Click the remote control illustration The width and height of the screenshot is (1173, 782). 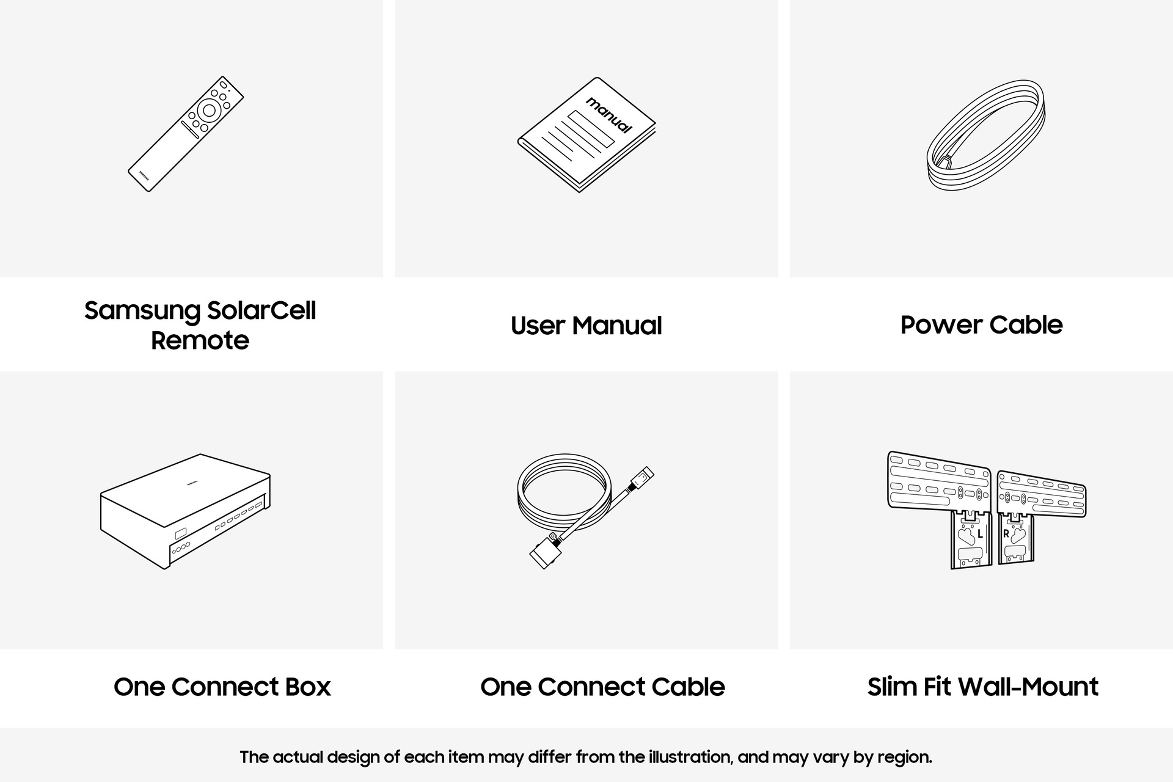click(186, 134)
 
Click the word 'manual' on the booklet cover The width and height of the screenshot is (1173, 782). click(608, 115)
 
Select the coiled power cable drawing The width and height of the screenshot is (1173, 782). click(985, 136)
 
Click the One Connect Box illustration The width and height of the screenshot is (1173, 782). click(186, 511)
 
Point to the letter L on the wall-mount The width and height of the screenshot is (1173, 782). click(980, 534)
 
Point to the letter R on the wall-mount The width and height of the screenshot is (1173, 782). click(1006, 534)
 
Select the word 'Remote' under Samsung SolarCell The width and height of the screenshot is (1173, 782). click(200, 340)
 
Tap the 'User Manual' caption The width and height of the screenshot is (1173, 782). click(586, 325)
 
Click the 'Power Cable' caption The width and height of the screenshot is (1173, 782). click(981, 325)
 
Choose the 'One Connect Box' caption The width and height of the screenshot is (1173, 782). click(222, 687)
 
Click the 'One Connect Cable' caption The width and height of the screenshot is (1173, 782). click(602, 687)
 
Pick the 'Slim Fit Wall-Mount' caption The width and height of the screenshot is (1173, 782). click(982, 687)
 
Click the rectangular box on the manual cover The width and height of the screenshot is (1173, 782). click(591, 129)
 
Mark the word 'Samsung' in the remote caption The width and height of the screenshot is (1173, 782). click(142, 311)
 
